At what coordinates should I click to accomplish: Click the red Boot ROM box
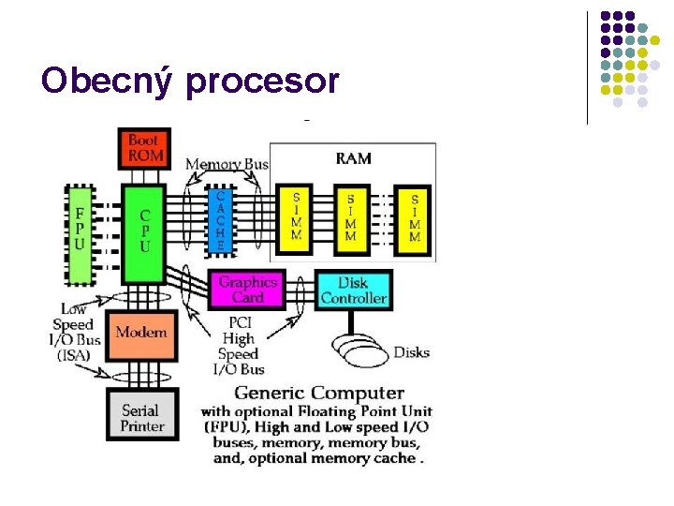tap(144, 148)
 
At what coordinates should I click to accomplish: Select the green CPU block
tap(144, 234)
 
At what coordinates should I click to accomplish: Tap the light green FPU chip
tap(80, 234)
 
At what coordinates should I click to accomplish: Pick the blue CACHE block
tap(221, 221)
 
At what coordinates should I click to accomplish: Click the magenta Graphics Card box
tap(247, 290)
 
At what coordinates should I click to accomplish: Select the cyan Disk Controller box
tap(354, 290)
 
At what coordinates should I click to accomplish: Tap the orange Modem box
tap(141, 335)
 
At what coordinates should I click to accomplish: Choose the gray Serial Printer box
tap(142, 414)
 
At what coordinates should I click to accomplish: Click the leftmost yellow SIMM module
tap(295, 219)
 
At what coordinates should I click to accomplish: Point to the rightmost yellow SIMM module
tap(413, 220)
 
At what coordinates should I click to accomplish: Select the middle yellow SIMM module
tap(352, 220)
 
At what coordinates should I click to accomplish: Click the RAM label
tap(353, 158)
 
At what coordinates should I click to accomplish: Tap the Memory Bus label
tap(227, 164)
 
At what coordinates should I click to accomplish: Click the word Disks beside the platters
tap(412, 352)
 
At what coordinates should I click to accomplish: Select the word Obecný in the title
tap(107, 82)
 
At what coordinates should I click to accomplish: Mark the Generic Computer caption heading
tap(319, 393)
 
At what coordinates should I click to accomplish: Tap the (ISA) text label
tap(74, 355)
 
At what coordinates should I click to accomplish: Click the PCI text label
tap(241, 322)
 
